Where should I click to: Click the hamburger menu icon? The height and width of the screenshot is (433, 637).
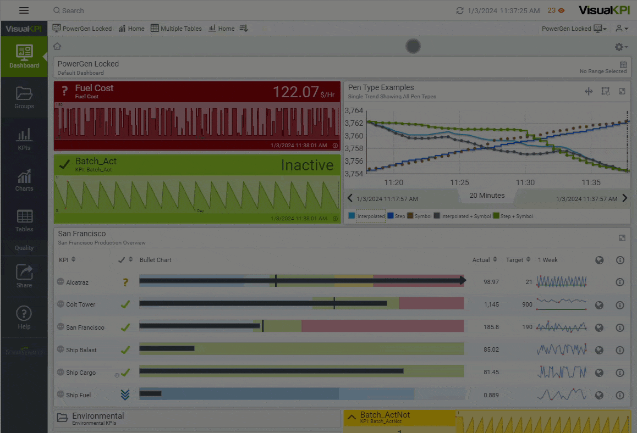click(x=24, y=10)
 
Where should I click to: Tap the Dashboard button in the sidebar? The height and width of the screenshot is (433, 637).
click(x=24, y=57)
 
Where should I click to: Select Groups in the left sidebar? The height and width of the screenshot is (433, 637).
click(x=24, y=97)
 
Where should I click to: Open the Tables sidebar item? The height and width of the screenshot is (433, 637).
click(x=24, y=220)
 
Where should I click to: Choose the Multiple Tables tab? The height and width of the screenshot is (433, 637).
click(x=176, y=29)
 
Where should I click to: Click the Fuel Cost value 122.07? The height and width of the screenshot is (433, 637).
click(x=295, y=92)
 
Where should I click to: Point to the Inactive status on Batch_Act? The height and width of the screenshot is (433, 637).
click(x=307, y=165)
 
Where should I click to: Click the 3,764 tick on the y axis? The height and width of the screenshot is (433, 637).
click(x=354, y=110)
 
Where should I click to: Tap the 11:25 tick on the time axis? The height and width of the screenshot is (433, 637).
click(x=459, y=182)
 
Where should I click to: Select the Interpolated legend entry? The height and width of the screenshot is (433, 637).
click(x=367, y=216)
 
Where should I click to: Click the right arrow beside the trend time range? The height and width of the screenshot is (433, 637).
click(x=624, y=198)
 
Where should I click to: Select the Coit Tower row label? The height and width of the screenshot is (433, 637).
click(x=80, y=304)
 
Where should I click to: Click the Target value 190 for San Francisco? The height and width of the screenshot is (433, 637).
click(x=527, y=327)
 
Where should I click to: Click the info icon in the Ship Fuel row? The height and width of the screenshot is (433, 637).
click(x=620, y=395)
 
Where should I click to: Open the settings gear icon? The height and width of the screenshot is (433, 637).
click(x=619, y=47)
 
